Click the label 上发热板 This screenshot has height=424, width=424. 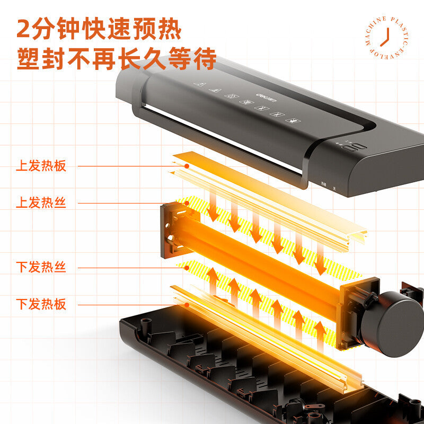pyautogui.click(x=41, y=166)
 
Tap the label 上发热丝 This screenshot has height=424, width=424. pyautogui.click(x=41, y=202)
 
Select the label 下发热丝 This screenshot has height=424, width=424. pyautogui.click(x=41, y=267)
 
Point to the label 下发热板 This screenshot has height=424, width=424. pyautogui.click(x=41, y=304)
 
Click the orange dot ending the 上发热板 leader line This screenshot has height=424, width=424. pyautogui.click(x=187, y=166)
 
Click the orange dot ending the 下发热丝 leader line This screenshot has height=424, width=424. pyautogui.click(x=187, y=268)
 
